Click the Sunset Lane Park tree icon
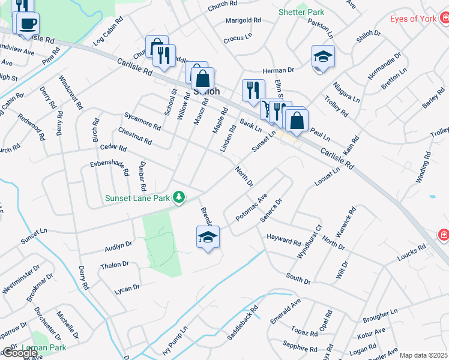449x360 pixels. [178, 197]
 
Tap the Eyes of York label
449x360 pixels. [413, 19]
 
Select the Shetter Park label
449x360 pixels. [301, 12]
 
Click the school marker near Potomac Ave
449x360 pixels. [208, 237]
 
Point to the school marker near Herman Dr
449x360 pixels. [323, 57]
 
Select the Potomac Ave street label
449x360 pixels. [251, 208]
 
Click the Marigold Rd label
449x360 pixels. [243, 20]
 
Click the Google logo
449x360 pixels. [20, 353]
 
